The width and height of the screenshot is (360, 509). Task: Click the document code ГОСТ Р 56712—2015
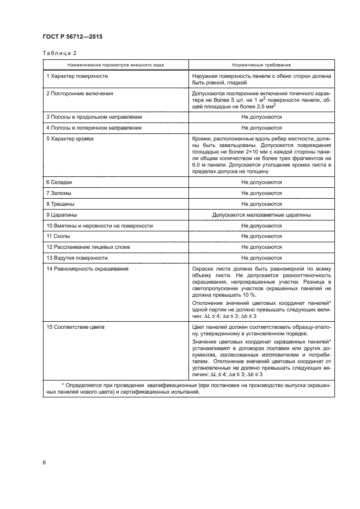tap(73, 36)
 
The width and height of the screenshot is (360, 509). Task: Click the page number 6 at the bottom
tap(44, 463)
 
